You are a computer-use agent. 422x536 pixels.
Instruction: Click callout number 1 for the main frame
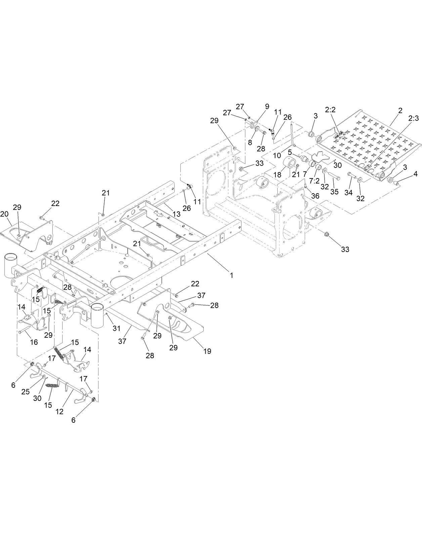pyautogui.click(x=231, y=275)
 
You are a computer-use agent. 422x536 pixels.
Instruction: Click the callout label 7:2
pyautogui.click(x=314, y=180)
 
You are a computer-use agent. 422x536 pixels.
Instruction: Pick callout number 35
pyautogui.click(x=334, y=192)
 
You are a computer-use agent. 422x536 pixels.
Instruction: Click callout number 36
pyautogui.click(x=315, y=196)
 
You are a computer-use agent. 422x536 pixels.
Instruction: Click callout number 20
pyautogui.click(x=4, y=214)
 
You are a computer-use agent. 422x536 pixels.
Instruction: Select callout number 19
pyautogui.click(x=207, y=351)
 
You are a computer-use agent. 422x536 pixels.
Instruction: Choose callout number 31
pyautogui.click(x=116, y=328)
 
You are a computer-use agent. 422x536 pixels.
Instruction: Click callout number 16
pyautogui.click(x=34, y=342)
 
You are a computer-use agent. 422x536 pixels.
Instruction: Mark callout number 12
pyautogui.click(x=59, y=412)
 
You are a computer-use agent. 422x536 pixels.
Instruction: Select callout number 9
pyautogui.click(x=267, y=107)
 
